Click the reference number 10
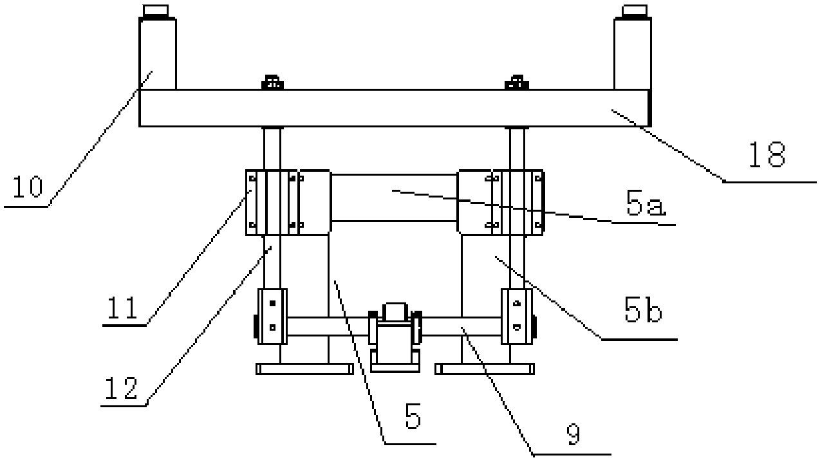28,187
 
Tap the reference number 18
767,155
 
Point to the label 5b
643,309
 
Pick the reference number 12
121,388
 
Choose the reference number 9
573,434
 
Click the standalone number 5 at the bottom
413,416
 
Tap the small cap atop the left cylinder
156,11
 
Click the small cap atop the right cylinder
634,11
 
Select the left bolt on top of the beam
272,82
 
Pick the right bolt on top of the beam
517,82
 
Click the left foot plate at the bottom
304,369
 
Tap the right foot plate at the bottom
484,369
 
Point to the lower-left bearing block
272,317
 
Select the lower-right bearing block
517,317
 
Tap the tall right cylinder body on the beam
633,54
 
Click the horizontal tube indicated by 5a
394,198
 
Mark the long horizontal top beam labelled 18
395,108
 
